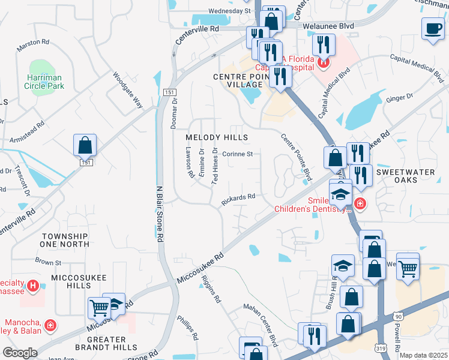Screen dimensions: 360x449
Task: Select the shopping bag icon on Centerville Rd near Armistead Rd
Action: pos(85,145)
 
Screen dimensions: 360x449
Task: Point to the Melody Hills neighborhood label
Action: pos(217,137)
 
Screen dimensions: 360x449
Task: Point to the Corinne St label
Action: pos(238,154)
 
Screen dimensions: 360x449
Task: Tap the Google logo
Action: pos(20,353)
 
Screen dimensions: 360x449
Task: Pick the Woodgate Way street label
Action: pos(128,90)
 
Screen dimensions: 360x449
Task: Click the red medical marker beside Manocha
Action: pos(51,326)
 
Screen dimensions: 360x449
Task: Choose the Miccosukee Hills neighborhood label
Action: pos(80,281)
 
